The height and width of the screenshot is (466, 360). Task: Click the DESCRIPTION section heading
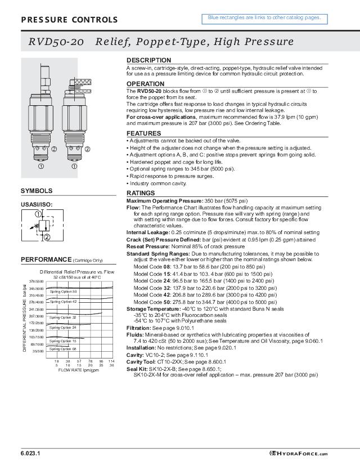point(148,60)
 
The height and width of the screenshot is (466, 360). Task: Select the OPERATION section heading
point(145,84)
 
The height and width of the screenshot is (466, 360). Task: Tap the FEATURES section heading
point(143,133)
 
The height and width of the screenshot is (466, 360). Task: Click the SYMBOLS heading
point(37,191)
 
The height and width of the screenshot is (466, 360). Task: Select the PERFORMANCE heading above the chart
point(46,259)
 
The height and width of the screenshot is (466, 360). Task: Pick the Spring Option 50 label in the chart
point(63,292)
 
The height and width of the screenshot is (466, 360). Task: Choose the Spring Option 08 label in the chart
point(63,349)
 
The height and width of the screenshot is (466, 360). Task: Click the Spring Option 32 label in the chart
point(63,317)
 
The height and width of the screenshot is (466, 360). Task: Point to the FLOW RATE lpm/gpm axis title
point(78,370)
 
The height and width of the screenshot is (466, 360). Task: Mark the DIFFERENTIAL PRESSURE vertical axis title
point(25,319)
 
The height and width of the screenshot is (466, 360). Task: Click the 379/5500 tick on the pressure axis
point(37,281)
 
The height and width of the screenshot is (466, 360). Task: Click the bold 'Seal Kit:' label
point(137,369)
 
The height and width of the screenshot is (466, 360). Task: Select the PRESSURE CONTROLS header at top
point(69,20)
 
